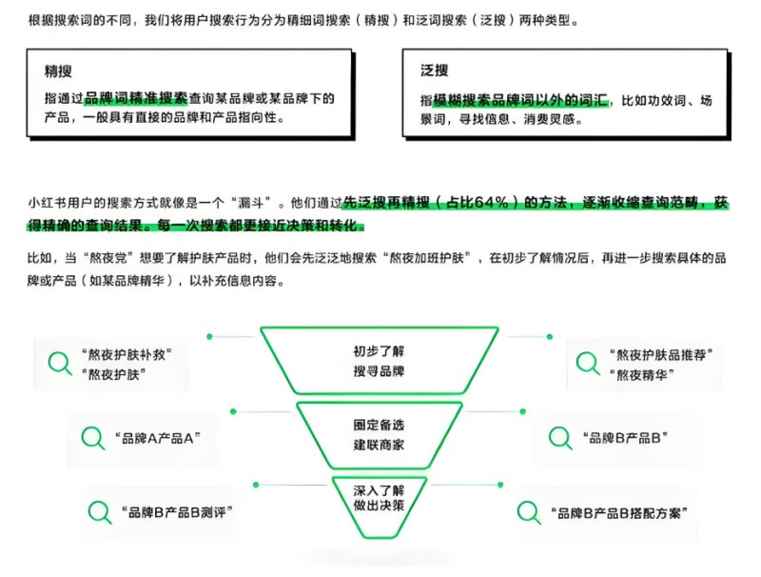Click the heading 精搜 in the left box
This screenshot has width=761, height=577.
[x=58, y=71]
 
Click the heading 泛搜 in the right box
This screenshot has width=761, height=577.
[x=435, y=70]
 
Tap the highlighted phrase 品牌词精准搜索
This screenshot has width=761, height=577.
[x=136, y=99]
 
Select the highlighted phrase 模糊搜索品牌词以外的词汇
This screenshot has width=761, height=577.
[x=520, y=101]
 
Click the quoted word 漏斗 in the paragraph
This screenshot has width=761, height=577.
[x=250, y=203]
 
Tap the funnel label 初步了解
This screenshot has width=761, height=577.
[x=379, y=351]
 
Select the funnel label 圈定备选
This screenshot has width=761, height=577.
[x=379, y=425]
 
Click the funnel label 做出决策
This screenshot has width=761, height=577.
[x=379, y=506]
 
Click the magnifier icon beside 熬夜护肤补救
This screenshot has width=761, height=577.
[x=60, y=363]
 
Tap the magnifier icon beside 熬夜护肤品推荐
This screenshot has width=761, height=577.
[x=588, y=364]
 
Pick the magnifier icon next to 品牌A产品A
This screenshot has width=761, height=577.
[x=92, y=438]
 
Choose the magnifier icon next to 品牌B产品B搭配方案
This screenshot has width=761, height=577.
[x=529, y=513]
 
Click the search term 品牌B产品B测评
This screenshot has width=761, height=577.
[x=177, y=512]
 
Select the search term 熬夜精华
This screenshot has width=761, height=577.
[x=641, y=375]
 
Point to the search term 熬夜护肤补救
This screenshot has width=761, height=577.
[x=127, y=354]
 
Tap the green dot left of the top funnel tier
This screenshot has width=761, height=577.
[x=209, y=337]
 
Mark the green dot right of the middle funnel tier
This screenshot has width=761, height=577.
[x=522, y=411]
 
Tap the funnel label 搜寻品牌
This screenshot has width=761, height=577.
[x=379, y=371]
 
